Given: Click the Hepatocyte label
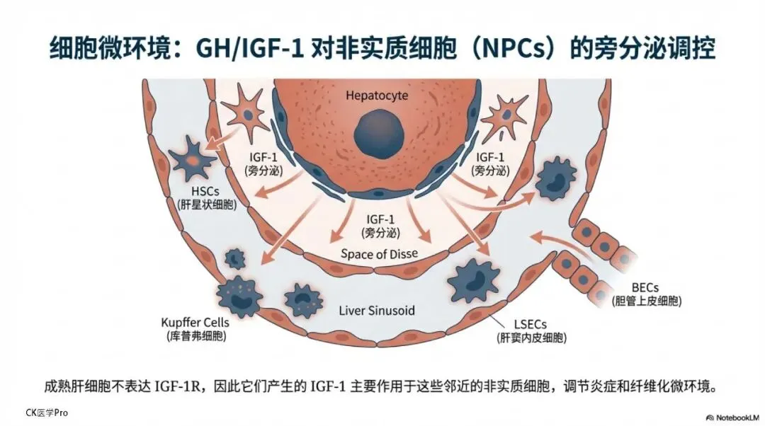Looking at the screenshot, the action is tap(377, 95).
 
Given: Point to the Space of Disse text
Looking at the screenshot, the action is tap(380, 254).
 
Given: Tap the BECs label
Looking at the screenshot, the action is tap(646, 288).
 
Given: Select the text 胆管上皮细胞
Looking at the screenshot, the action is tap(646, 302).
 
